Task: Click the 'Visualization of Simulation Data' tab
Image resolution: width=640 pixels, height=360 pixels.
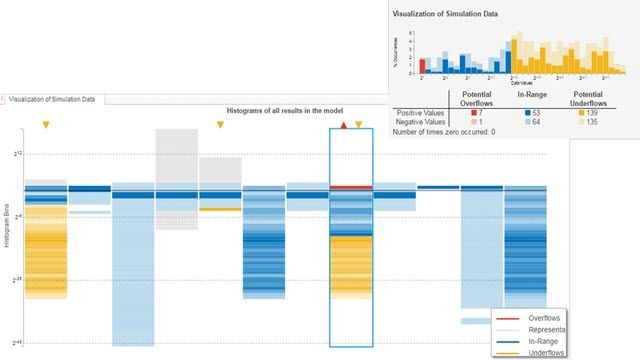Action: point(56,99)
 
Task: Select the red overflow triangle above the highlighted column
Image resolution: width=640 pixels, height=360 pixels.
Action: point(344,125)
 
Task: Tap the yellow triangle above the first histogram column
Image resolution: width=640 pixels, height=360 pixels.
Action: point(45,125)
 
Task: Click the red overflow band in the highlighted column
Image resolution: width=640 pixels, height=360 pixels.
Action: point(351,187)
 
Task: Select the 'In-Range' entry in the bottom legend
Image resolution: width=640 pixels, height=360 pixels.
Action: point(545,341)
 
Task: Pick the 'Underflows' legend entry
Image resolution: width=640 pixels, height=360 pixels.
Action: point(547,352)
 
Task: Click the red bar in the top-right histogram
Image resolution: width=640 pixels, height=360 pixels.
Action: point(424,66)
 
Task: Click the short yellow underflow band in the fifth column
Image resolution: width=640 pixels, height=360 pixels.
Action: point(220,209)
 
